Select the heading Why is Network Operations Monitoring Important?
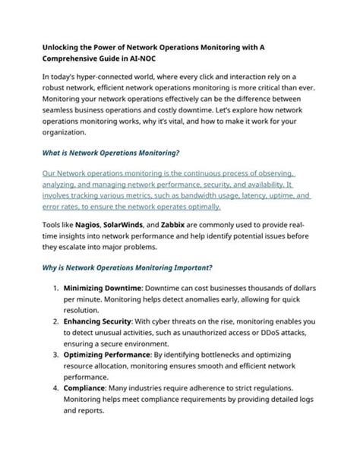click(x=126, y=268)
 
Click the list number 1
click(x=55, y=289)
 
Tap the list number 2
click(x=55, y=321)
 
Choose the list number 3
click(x=55, y=354)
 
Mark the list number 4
click(x=55, y=387)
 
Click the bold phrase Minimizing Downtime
click(x=101, y=289)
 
